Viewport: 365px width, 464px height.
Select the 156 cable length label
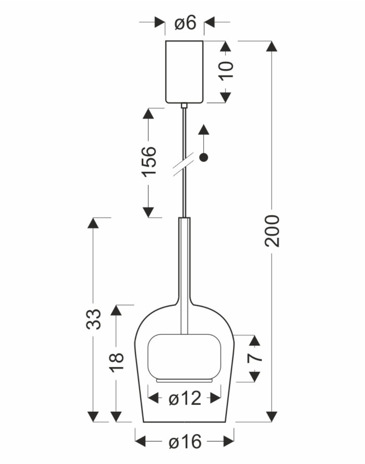coord(149,161)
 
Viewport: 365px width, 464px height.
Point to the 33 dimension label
coord(93,319)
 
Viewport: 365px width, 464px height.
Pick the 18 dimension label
coord(117,361)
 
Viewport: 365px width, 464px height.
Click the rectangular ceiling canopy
coord(185,71)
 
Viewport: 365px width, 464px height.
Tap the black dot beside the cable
coord(204,157)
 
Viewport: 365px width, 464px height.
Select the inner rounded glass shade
coord(185,356)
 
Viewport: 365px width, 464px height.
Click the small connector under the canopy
coord(184,105)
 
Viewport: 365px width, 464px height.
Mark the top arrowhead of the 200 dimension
coord(272,46)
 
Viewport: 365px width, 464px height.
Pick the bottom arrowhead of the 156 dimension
coord(148,212)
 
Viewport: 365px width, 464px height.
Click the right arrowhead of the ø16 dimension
coord(228,441)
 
